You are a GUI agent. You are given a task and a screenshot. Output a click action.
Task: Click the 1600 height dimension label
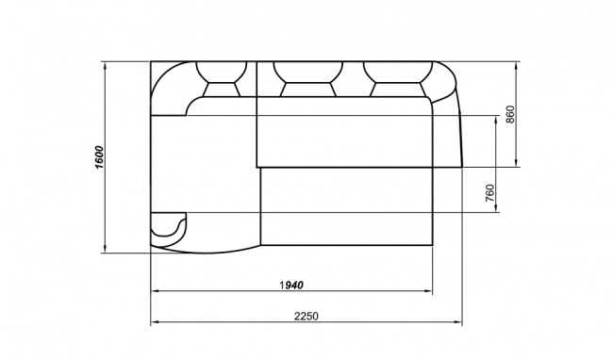click(99, 157)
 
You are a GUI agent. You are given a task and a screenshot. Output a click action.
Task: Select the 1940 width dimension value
click(291, 286)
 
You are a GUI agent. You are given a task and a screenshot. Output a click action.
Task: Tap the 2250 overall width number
click(306, 316)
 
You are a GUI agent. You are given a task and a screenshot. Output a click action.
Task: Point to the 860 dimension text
click(510, 114)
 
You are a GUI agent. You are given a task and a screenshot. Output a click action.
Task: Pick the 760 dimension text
click(489, 193)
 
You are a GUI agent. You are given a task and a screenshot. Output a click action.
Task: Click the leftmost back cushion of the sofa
click(222, 79)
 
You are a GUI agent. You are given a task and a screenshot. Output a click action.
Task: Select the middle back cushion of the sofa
click(308, 79)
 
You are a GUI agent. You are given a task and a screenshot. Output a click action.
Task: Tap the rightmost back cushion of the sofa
click(398, 79)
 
